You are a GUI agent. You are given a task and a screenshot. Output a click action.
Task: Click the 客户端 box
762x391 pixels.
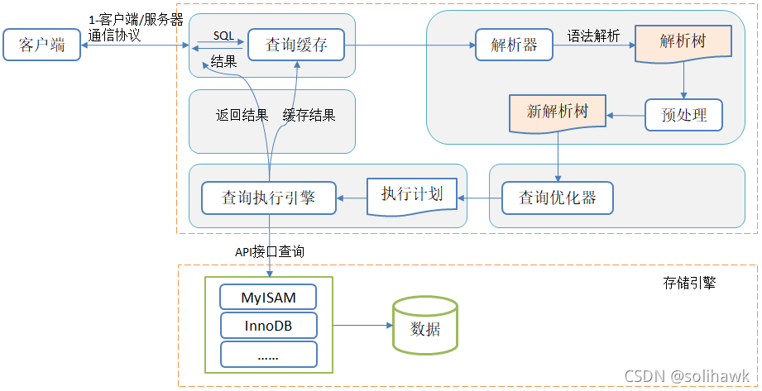[x=41, y=45]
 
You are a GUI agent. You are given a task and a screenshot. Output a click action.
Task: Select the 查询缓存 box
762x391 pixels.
[x=296, y=45]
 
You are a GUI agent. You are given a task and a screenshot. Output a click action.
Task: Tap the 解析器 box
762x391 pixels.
[x=514, y=45]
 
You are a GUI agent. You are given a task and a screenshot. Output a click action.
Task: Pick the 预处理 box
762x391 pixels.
[x=683, y=115]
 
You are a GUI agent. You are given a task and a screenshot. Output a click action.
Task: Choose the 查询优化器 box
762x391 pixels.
[x=558, y=198]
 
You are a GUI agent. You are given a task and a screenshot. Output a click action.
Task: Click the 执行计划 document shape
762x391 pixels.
[x=412, y=196]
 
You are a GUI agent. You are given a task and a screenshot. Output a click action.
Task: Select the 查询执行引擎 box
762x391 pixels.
[x=269, y=198]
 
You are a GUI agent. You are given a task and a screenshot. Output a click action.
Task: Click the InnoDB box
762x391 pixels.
[x=268, y=326]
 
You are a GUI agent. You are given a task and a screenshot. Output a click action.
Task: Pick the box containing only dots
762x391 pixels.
[x=268, y=355]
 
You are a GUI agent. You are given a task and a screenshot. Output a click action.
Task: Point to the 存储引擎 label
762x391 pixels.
[x=689, y=283]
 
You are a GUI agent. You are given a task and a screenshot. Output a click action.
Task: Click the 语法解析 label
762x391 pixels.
[x=593, y=36]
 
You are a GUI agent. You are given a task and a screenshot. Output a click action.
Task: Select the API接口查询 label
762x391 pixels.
[x=269, y=251]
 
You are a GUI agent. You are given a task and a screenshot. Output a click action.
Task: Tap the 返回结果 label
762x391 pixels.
[x=242, y=116]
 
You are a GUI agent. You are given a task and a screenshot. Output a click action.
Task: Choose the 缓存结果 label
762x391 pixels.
[x=309, y=116]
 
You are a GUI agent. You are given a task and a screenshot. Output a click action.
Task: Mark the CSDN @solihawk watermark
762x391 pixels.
[x=686, y=375]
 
